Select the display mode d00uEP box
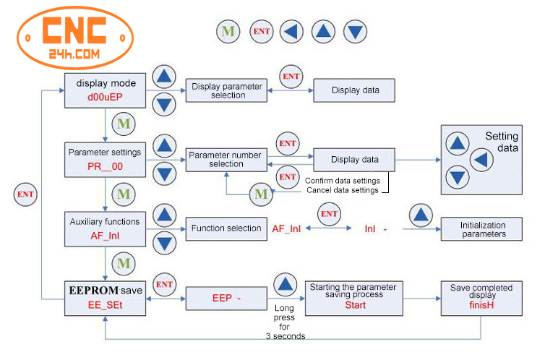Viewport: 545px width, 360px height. [106, 90]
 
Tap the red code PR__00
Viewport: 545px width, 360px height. [106, 166]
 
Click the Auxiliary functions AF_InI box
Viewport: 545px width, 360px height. [106, 228]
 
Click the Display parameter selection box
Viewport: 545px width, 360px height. [228, 90]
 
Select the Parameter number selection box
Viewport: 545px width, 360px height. [226, 159]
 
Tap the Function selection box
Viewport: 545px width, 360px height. [226, 228]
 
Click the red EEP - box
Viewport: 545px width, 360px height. [226, 298]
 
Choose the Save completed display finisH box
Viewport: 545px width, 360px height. [481, 298]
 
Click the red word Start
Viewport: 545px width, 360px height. [355, 305]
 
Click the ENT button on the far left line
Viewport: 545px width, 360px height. [25, 194]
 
